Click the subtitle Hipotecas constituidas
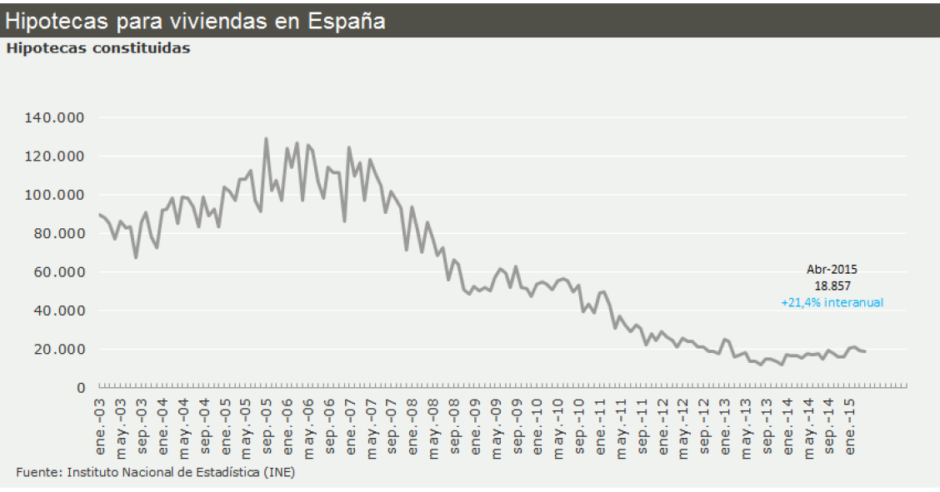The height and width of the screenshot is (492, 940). click(98, 48)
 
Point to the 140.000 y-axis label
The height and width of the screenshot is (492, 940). click(57, 117)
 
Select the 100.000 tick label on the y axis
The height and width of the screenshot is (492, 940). click(57, 195)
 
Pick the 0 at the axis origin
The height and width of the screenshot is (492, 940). click(81, 388)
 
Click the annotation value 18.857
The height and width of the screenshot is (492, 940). click(832, 285)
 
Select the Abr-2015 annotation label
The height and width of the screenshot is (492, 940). click(832, 270)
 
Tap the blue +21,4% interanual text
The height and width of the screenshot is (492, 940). click(832, 303)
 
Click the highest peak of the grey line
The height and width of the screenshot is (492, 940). click(266, 138)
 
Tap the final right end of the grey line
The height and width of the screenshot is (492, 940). click(865, 351)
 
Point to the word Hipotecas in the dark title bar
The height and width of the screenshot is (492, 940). click(47, 21)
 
